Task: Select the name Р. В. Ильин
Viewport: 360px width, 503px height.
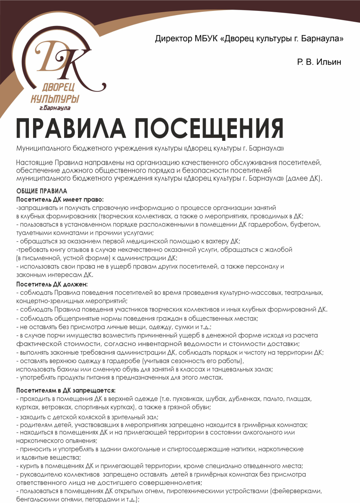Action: [319, 62]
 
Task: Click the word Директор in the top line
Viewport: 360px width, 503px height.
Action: [173, 39]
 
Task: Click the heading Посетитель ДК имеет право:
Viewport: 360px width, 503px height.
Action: [60, 199]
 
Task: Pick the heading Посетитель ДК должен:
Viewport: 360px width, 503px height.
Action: [52, 284]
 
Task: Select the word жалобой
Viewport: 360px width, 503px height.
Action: [279, 249]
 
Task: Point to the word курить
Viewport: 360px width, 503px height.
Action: [28, 466]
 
